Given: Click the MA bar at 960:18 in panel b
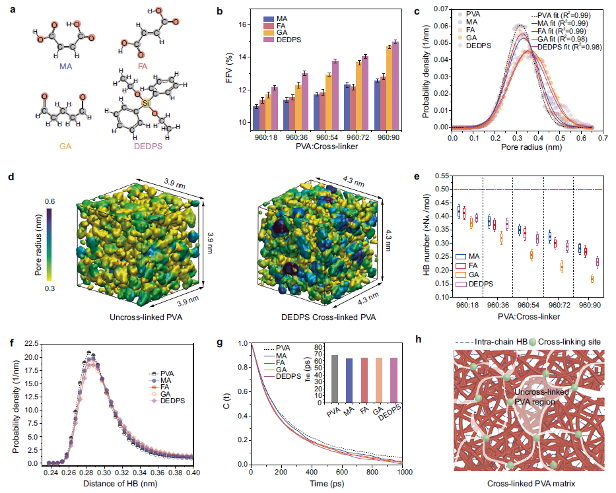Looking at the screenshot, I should click(x=256, y=117).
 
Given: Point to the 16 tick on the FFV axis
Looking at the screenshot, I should click(x=242, y=25).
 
